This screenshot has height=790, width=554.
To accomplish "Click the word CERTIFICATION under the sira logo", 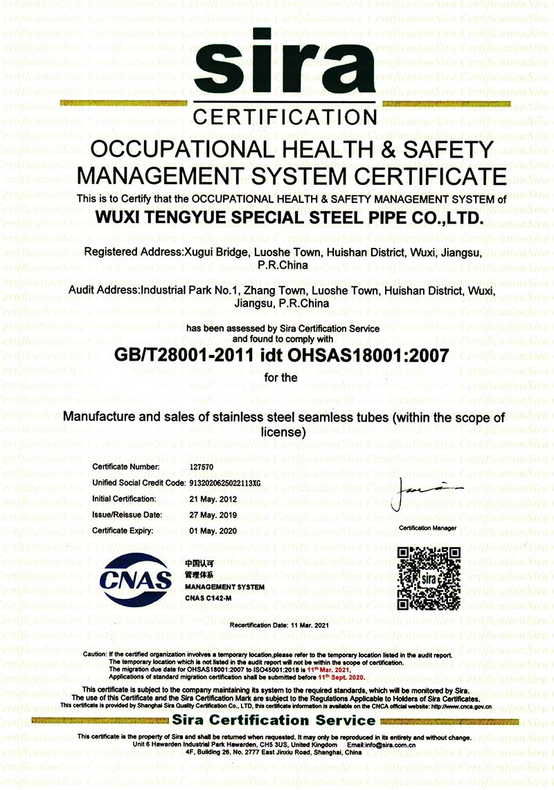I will [x=285, y=116].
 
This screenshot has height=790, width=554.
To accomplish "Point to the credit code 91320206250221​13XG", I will [x=224, y=483].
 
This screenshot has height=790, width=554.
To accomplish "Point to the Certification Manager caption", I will [x=428, y=528].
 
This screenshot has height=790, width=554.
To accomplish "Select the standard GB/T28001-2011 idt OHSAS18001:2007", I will [x=281, y=355].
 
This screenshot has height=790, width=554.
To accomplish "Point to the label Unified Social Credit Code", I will [x=138, y=483].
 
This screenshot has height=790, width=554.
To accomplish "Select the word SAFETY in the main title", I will [x=449, y=149].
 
